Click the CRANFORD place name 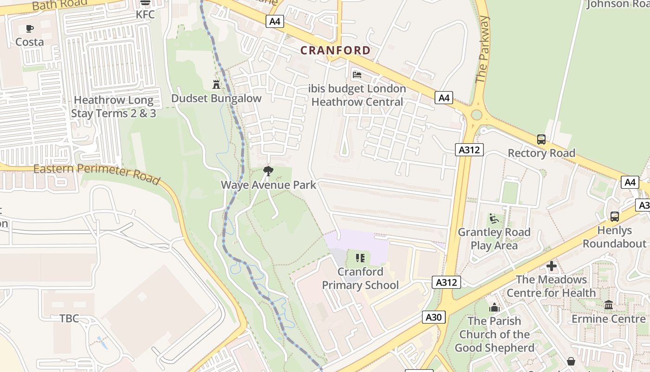click(x=335, y=50)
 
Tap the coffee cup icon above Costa click(x=30, y=29)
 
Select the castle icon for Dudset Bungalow click(x=216, y=85)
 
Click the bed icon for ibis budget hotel click(x=357, y=74)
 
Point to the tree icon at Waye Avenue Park click(x=268, y=171)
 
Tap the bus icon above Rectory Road click(x=541, y=139)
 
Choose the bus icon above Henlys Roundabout click(x=614, y=216)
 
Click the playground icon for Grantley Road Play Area click(x=494, y=218)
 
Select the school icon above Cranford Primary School click(x=360, y=258)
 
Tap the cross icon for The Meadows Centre click(x=551, y=266)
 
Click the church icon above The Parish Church click(x=494, y=307)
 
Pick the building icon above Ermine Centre click(x=608, y=305)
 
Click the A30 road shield click(x=434, y=317)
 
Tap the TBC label click(x=69, y=319)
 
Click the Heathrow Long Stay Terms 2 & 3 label click(x=114, y=106)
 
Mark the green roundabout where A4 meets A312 click(x=476, y=114)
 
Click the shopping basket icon click(x=571, y=361)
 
